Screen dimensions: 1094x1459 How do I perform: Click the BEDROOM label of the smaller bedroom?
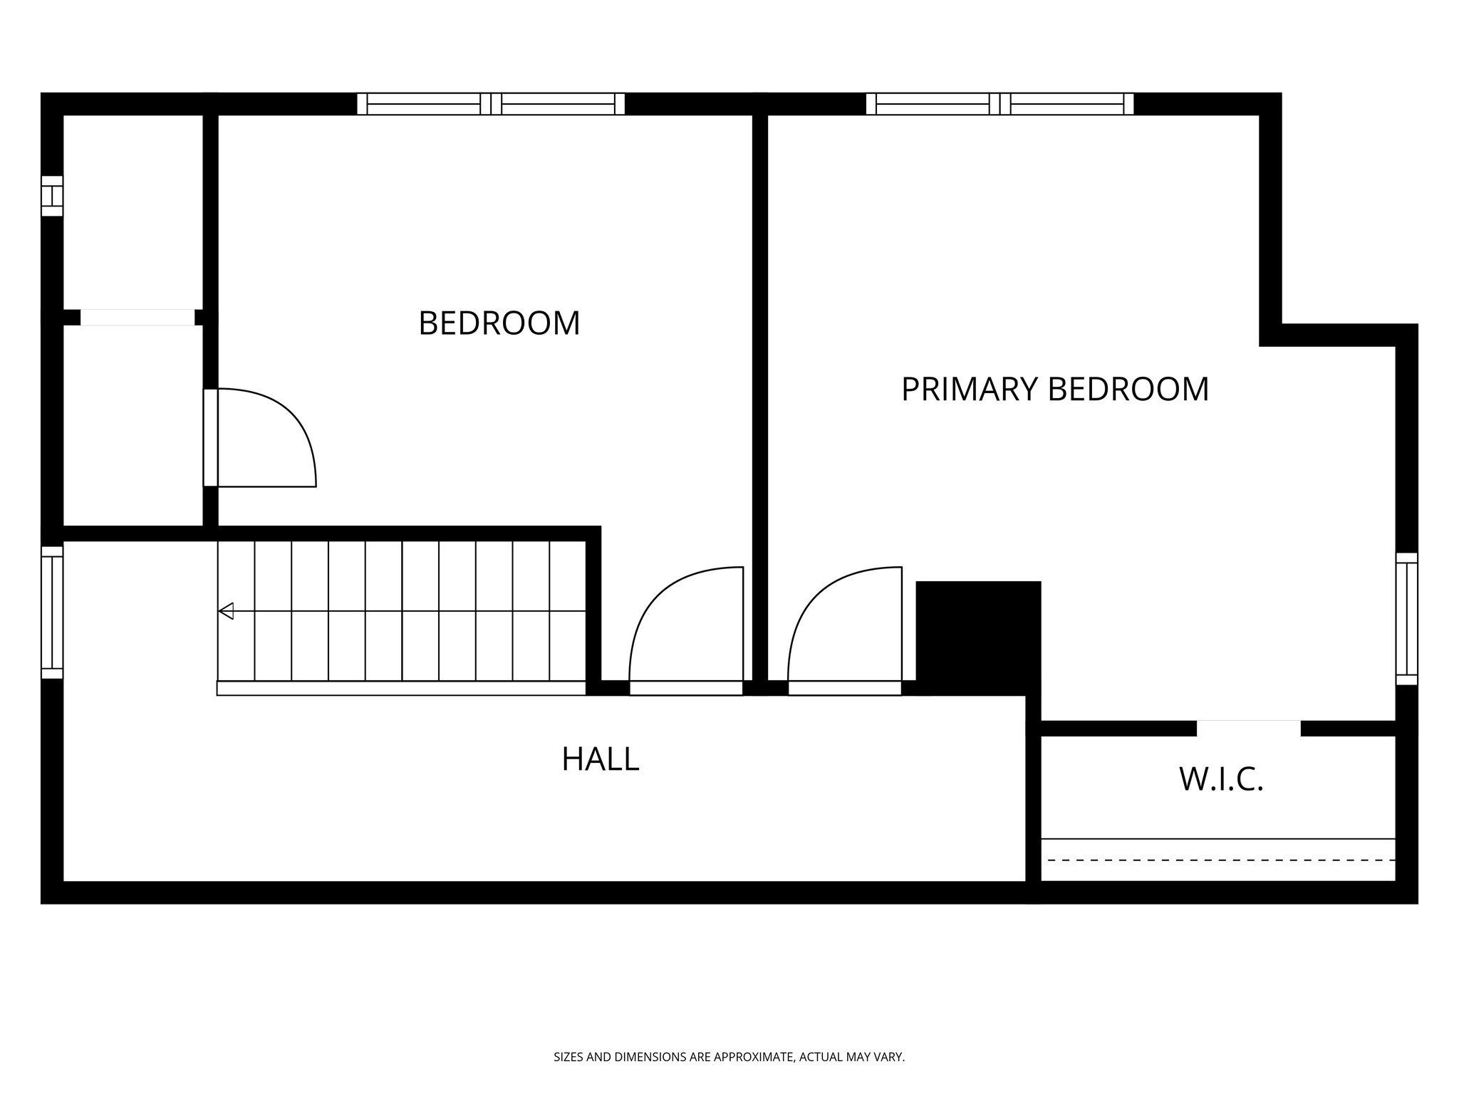point(499,323)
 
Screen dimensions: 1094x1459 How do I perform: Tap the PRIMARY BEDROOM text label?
point(1054,390)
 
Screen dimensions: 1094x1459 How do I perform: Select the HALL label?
point(600,759)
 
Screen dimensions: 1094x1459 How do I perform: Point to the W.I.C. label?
point(1221,779)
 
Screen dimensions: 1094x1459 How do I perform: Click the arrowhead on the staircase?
point(227,611)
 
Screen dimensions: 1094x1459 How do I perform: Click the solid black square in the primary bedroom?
point(977,637)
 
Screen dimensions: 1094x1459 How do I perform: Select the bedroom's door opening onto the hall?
point(685,688)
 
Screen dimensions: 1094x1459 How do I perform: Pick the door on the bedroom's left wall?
point(211,437)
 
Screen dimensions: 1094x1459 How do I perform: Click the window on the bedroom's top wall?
point(491,104)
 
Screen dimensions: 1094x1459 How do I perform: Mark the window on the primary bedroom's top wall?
point(1000,104)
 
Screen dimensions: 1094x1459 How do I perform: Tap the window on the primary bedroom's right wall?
point(1406,618)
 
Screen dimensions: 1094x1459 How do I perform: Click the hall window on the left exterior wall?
point(52,613)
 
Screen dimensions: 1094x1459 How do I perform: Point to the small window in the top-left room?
point(52,196)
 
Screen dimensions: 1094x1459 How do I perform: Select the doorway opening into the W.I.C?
point(1248,728)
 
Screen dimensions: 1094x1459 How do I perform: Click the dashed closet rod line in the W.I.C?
point(1218,860)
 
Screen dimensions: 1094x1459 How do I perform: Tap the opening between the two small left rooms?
point(137,318)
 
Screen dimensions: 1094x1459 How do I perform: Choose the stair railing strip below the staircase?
point(401,688)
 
